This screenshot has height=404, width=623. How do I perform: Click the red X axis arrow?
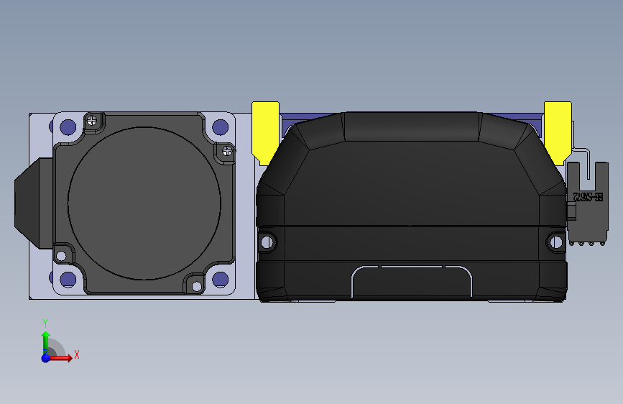[62, 357]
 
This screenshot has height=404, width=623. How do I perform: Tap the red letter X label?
[76, 354]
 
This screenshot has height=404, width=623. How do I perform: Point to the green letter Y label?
[45, 323]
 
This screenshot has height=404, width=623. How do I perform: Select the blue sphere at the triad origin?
[45, 357]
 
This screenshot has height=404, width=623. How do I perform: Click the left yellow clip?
[265, 130]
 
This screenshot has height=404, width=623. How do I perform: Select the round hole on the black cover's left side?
[267, 242]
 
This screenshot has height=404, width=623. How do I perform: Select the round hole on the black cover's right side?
[555, 242]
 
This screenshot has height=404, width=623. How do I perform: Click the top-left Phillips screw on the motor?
[92, 121]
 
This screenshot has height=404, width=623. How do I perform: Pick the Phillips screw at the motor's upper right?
[227, 151]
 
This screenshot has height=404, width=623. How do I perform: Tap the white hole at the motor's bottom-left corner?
[61, 255]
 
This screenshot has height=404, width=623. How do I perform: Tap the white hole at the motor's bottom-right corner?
[195, 286]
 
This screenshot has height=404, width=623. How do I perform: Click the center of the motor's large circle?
[144, 203]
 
